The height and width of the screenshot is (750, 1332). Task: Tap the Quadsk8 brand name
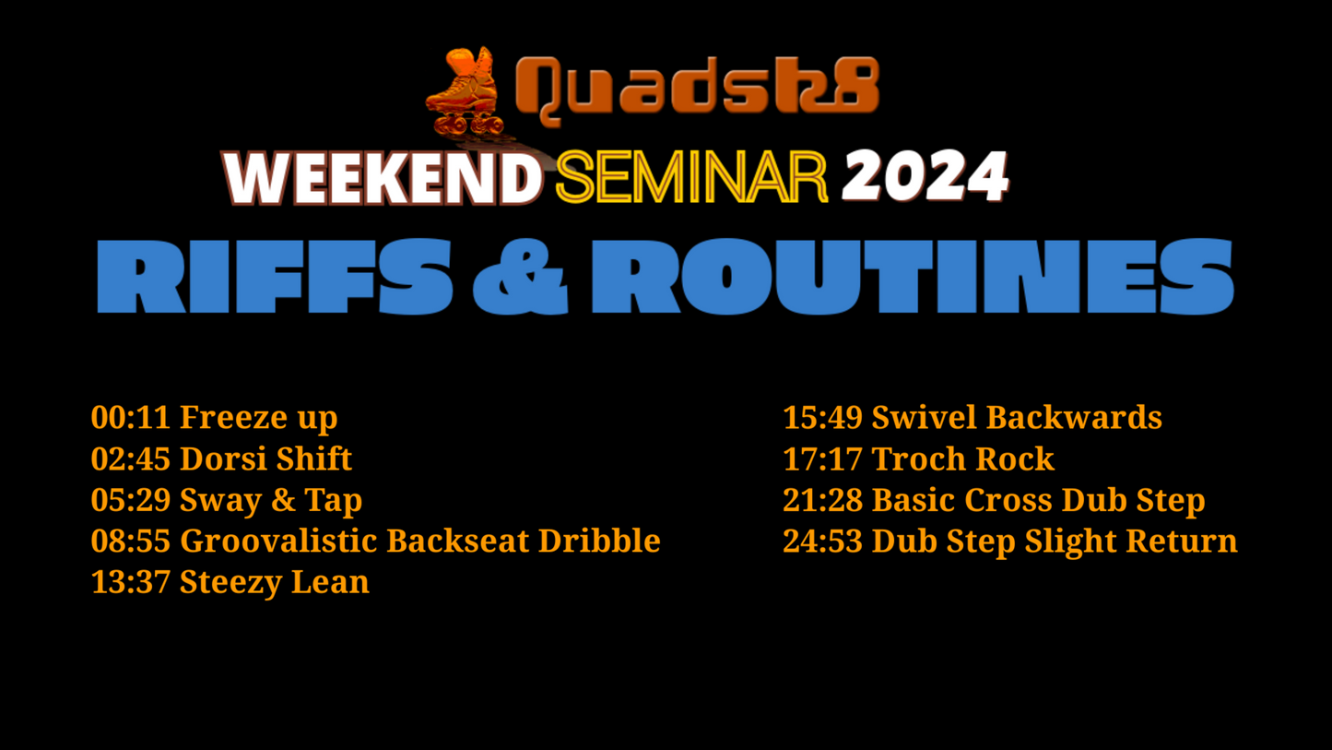click(698, 89)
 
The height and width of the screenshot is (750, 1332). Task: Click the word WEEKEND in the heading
click(383, 178)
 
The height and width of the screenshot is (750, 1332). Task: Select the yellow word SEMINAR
click(691, 177)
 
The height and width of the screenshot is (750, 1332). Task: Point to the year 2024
click(925, 176)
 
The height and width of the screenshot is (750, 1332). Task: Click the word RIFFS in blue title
click(275, 276)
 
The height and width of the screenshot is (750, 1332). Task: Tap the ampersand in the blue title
click(520, 277)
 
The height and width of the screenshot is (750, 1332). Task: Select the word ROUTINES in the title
click(913, 276)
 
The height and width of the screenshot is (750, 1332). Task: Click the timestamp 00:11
click(131, 417)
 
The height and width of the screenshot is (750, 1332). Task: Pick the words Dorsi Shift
click(265, 458)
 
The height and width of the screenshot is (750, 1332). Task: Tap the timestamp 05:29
click(131, 499)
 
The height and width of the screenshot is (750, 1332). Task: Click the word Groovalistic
click(279, 541)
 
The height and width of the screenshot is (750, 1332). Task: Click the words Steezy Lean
click(274, 583)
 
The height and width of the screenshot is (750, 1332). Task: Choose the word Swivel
click(924, 417)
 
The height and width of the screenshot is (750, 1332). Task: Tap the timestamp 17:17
click(822, 458)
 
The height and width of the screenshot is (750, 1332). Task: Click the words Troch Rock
click(962, 458)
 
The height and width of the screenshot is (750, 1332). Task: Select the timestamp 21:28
click(822, 499)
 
